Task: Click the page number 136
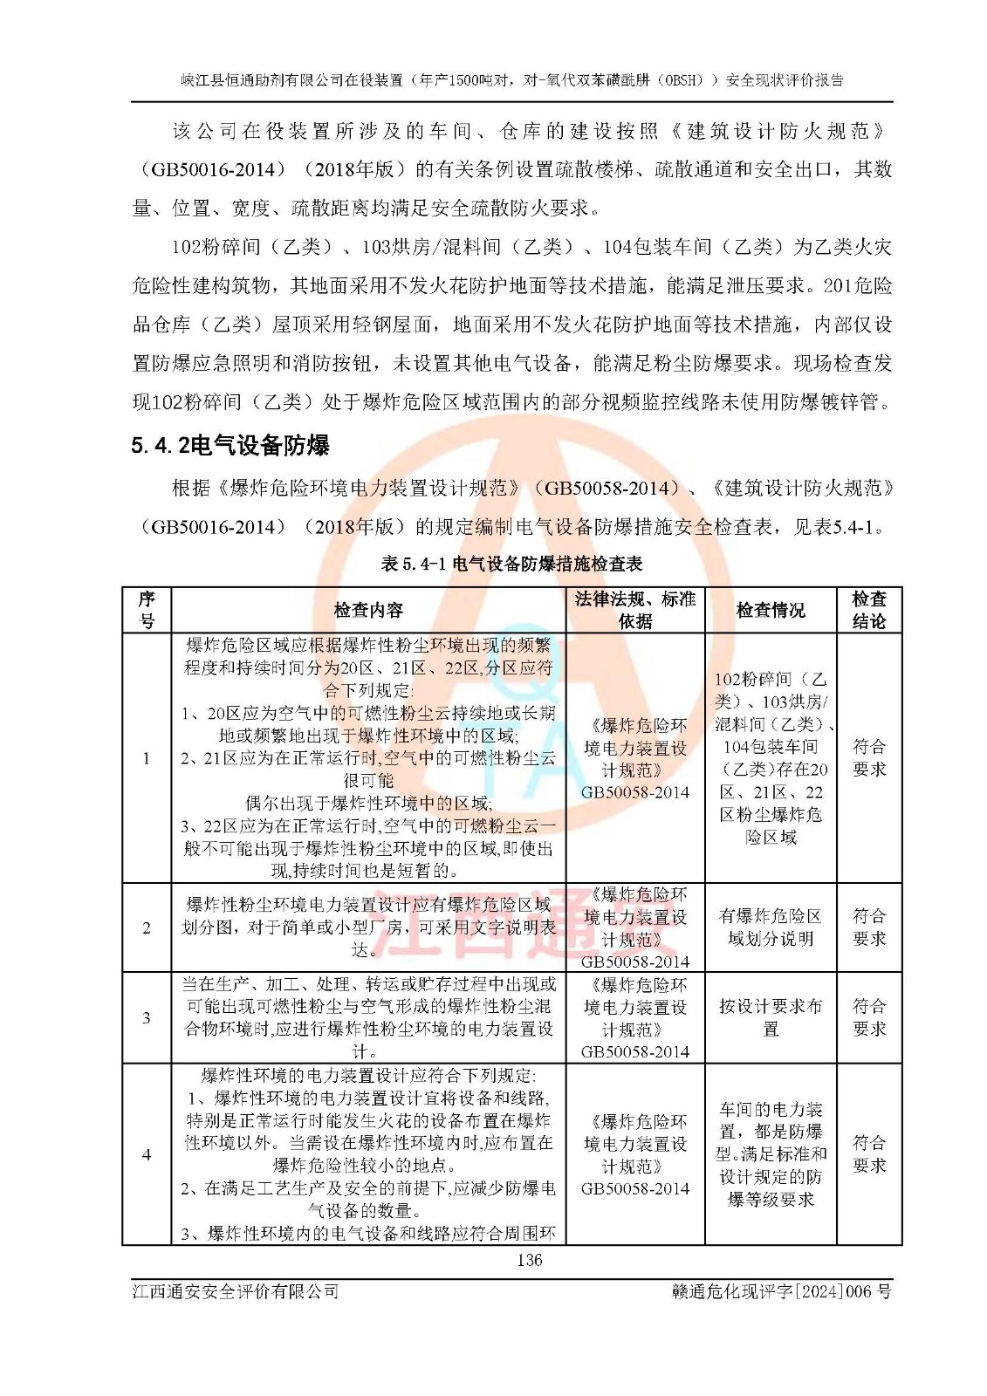[529, 1260]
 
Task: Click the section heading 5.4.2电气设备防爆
[230, 446]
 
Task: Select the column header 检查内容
[368, 610]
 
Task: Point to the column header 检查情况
[770, 610]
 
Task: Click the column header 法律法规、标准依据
[634, 610]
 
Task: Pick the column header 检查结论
[868, 610]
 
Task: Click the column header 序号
[147, 610]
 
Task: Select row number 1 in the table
[147, 757]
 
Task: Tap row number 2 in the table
[147, 927]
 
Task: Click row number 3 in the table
[147, 1017]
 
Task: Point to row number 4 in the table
[147, 1154]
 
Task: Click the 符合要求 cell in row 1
[868, 757]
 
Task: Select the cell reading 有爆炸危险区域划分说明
[770, 927]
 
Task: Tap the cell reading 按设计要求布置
[770, 1017]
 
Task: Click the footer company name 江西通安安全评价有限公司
[236, 1291]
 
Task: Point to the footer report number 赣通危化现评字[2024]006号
[781, 1291]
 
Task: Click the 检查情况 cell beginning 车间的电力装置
[770, 1154]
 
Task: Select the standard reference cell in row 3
[634, 1017]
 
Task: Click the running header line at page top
[512, 80]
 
